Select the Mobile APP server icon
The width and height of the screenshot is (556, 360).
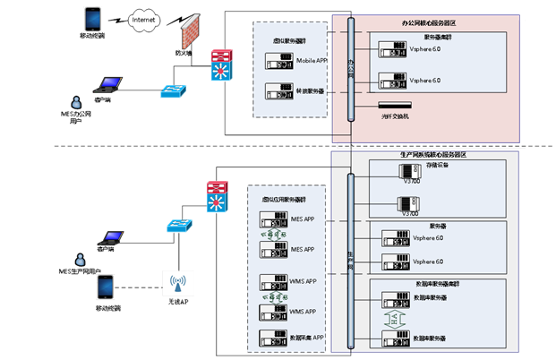coord(279,61)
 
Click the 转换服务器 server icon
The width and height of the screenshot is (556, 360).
coord(279,90)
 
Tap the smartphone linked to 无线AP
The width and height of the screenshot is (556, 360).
coord(107,287)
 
